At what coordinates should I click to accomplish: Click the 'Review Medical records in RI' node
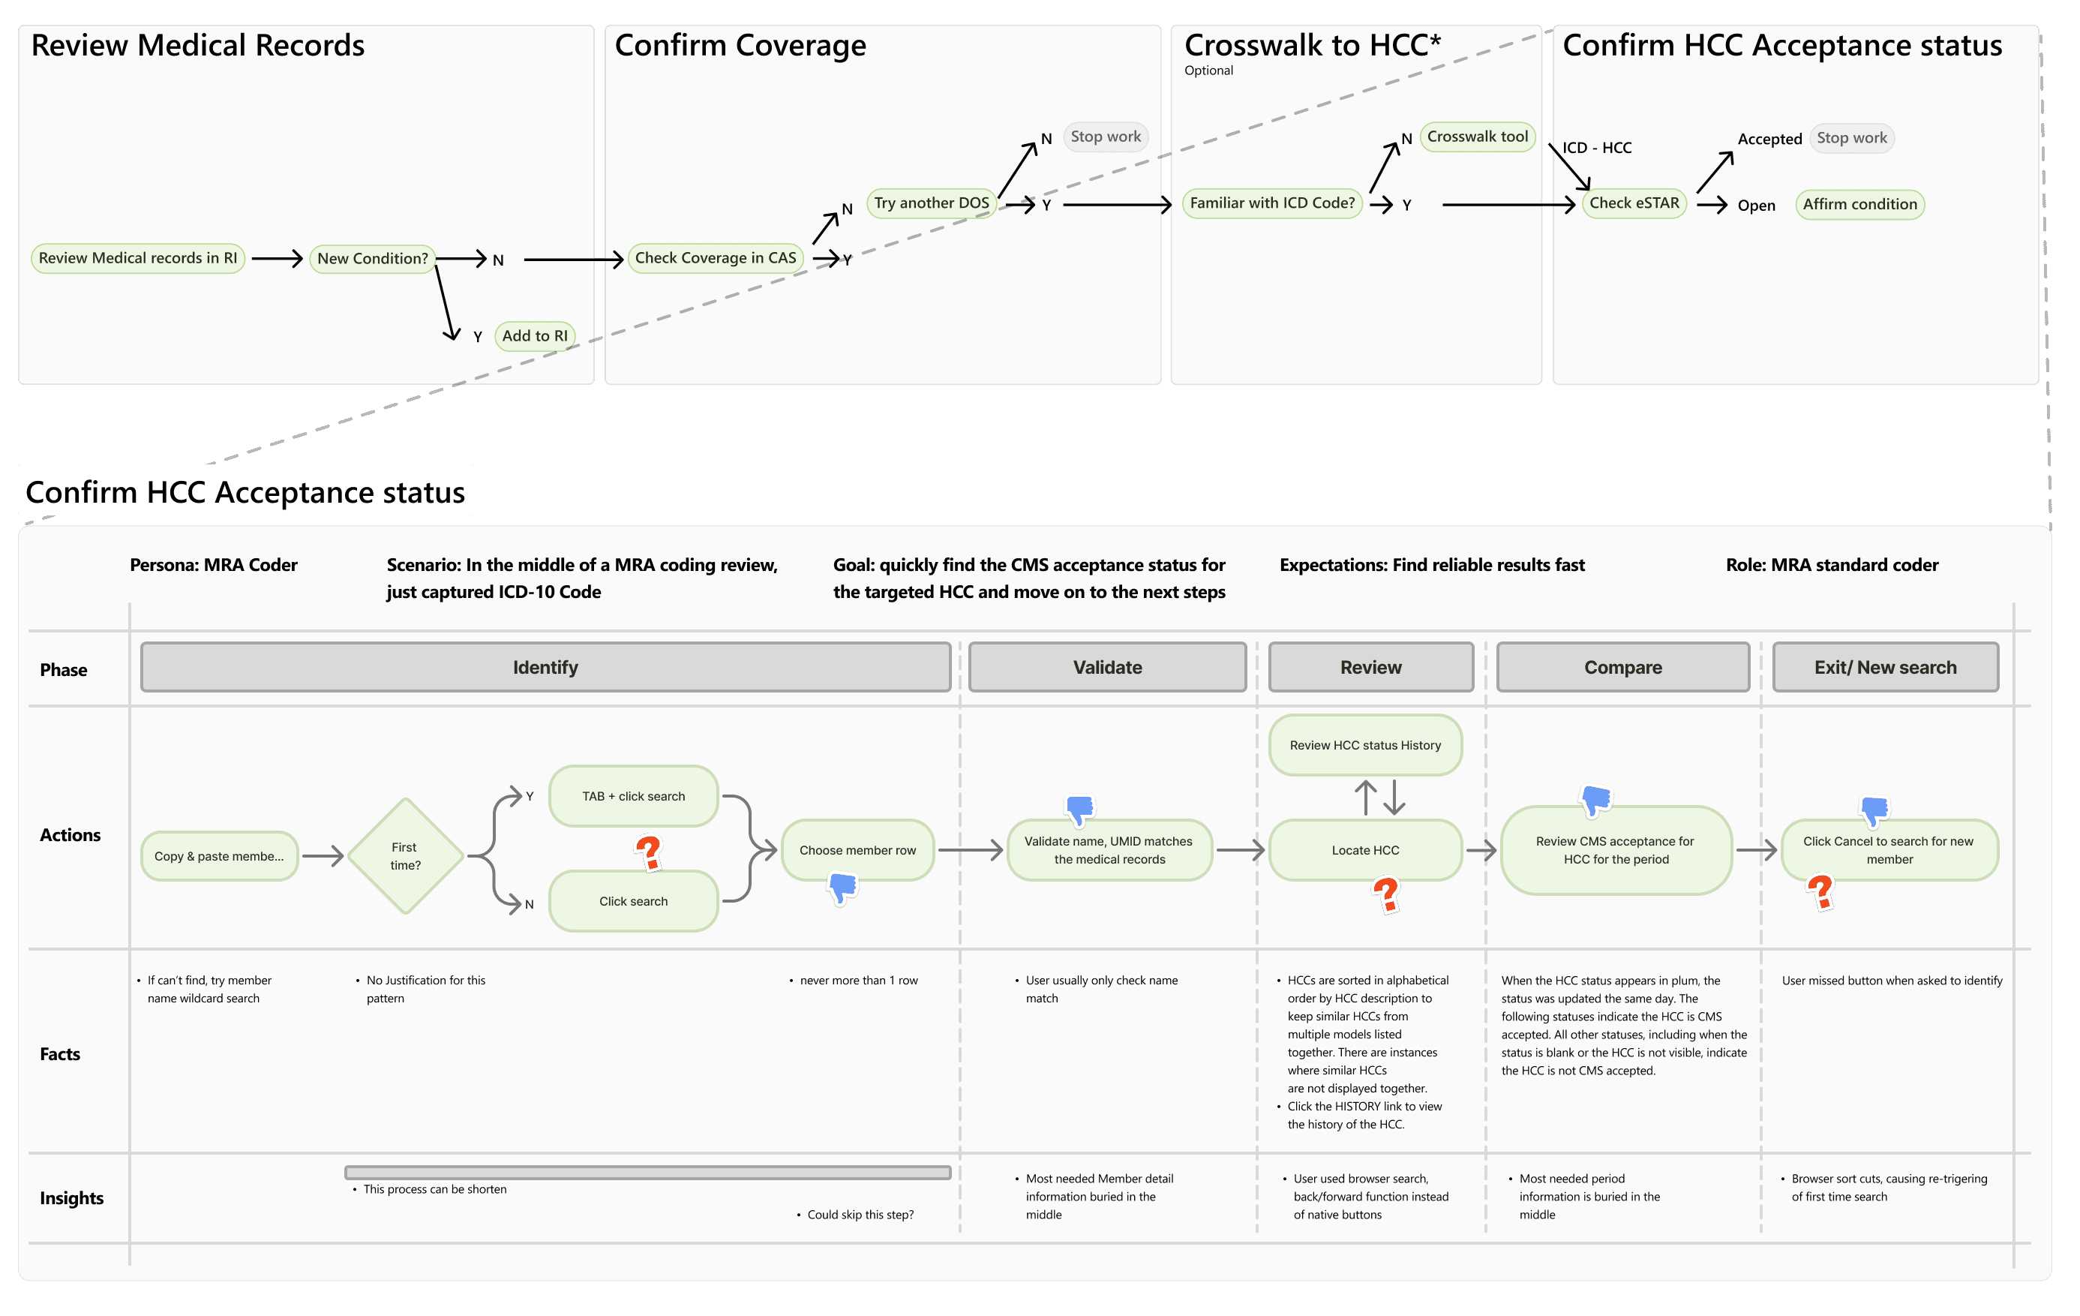coord(137,258)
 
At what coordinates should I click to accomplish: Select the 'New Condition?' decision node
coord(372,258)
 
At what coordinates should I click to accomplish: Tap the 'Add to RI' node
coord(535,336)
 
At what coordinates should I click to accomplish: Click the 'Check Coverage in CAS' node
coord(716,258)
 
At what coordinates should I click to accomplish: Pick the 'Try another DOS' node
coord(931,203)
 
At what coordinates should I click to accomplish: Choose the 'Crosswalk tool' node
coord(1477,137)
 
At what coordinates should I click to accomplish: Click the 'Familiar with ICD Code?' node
coord(1271,203)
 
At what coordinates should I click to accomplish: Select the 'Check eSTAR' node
coord(1634,203)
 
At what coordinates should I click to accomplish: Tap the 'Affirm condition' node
coord(1859,205)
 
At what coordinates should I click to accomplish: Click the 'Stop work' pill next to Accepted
coord(1851,138)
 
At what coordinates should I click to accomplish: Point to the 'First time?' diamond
coord(405,856)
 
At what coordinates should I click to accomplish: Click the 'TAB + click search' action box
coord(633,797)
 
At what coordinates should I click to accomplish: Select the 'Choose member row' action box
coord(857,850)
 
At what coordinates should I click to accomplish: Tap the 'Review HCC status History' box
coord(1364,745)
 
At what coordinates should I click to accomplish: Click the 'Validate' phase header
coord(1106,667)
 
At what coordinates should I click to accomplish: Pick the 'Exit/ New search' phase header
coord(1885,667)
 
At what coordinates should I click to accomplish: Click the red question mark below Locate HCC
coord(1385,894)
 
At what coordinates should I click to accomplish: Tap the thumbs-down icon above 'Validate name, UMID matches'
coord(1079,810)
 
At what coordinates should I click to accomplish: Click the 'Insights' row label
coord(72,1198)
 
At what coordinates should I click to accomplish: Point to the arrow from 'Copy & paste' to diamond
coord(323,856)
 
